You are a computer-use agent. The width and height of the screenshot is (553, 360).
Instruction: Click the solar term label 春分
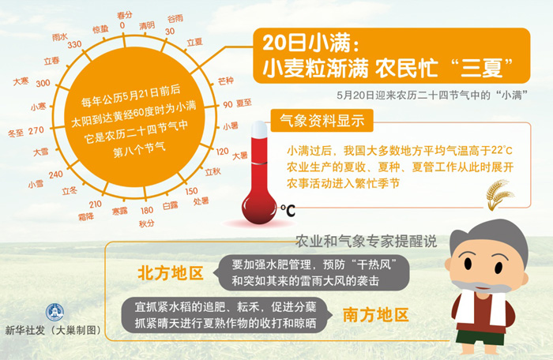coord(125,15)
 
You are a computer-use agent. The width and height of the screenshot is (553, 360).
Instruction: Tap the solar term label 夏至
coord(243,103)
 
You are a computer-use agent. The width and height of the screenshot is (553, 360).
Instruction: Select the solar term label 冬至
coord(16,133)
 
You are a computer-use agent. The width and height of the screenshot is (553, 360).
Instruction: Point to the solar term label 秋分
coord(146,223)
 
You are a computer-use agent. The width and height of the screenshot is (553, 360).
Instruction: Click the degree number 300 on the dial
coord(43,83)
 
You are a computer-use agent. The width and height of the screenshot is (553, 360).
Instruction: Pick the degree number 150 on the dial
coord(191,191)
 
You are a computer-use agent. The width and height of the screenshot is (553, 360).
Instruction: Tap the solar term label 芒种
coord(226,81)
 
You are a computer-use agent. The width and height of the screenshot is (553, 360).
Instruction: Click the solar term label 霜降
coord(86,217)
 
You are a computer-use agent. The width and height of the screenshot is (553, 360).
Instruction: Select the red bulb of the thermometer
coord(259,208)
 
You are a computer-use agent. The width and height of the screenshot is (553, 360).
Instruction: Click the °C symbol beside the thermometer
coord(288,211)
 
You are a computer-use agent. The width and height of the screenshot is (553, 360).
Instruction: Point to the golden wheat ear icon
coord(499,195)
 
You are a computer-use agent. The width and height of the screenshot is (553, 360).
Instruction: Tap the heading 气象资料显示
coord(322,121)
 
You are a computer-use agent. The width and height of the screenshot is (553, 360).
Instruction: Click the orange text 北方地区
coord(171,273)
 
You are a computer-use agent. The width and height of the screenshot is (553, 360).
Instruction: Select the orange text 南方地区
coord(376,315)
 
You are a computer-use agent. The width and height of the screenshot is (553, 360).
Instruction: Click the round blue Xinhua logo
coord(55,312)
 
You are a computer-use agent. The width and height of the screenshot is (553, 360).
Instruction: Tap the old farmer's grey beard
coord(481,287)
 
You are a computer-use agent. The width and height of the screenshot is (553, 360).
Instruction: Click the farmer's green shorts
coord(480,337)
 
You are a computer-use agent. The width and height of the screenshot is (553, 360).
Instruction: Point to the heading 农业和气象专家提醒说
coord(366,241)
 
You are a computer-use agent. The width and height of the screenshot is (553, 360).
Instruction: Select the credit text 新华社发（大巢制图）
coord(54,330)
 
